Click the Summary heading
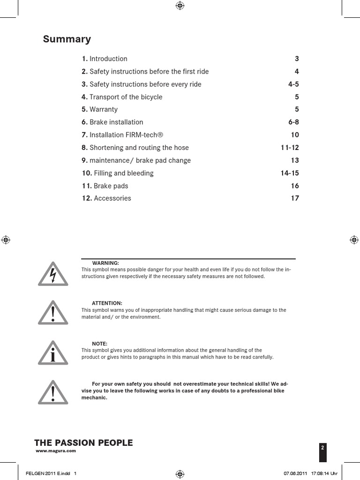click(67, 39)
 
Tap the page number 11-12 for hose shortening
click(290, 148)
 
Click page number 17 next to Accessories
click(295, 198)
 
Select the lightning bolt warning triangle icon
click(53, 274)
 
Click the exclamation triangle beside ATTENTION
click(53, 313)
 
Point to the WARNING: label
click(105, 263)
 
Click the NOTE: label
click(99, 344)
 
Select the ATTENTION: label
click(107, 303)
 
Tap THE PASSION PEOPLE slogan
click(84, 443)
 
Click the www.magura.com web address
click(56, 451)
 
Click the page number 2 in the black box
click(322, 448)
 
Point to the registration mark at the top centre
click(180, 6)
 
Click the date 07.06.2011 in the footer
click(295, 473)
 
